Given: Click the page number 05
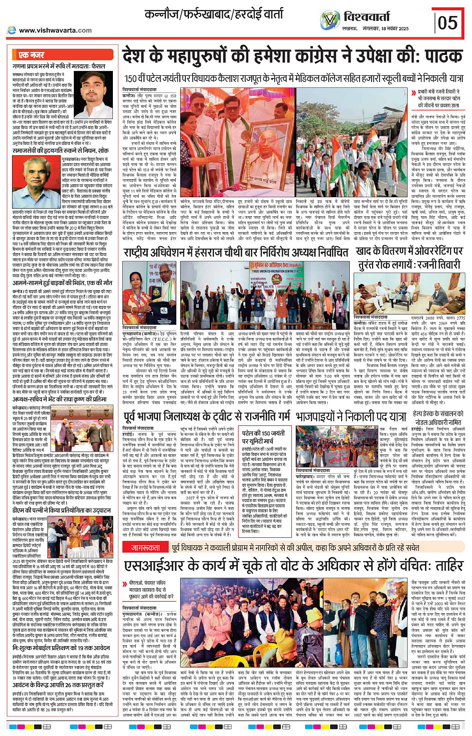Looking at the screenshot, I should click(x=448, y=22).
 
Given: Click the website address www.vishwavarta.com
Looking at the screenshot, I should click(x=55, y=30).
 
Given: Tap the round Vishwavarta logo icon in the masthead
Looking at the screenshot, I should click(x=330, y=20).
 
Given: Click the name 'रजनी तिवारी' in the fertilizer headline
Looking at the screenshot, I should click(x=427, y=265).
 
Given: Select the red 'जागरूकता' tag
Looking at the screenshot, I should click(x=145, y=548).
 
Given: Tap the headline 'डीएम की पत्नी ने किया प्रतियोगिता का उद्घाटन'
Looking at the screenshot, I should click(x=61, y=510).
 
